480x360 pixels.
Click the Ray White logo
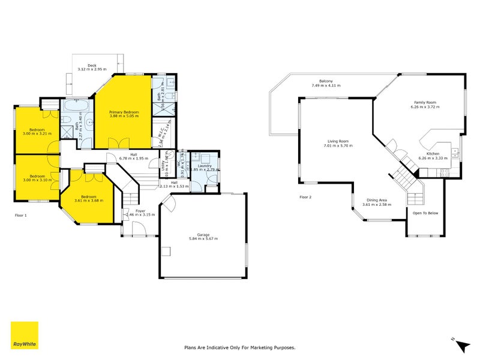point(25,335)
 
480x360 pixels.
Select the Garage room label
point(204,234)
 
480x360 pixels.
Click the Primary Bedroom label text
point(124,112)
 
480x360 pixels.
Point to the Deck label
point(92,65)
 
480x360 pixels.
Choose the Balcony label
point(326,82)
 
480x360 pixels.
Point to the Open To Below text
point(425,213)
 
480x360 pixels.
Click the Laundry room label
point(205,166)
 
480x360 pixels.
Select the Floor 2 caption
point(307,197)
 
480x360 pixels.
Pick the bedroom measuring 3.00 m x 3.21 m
point(37,130)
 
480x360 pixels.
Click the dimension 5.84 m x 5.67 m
point(204,239)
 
